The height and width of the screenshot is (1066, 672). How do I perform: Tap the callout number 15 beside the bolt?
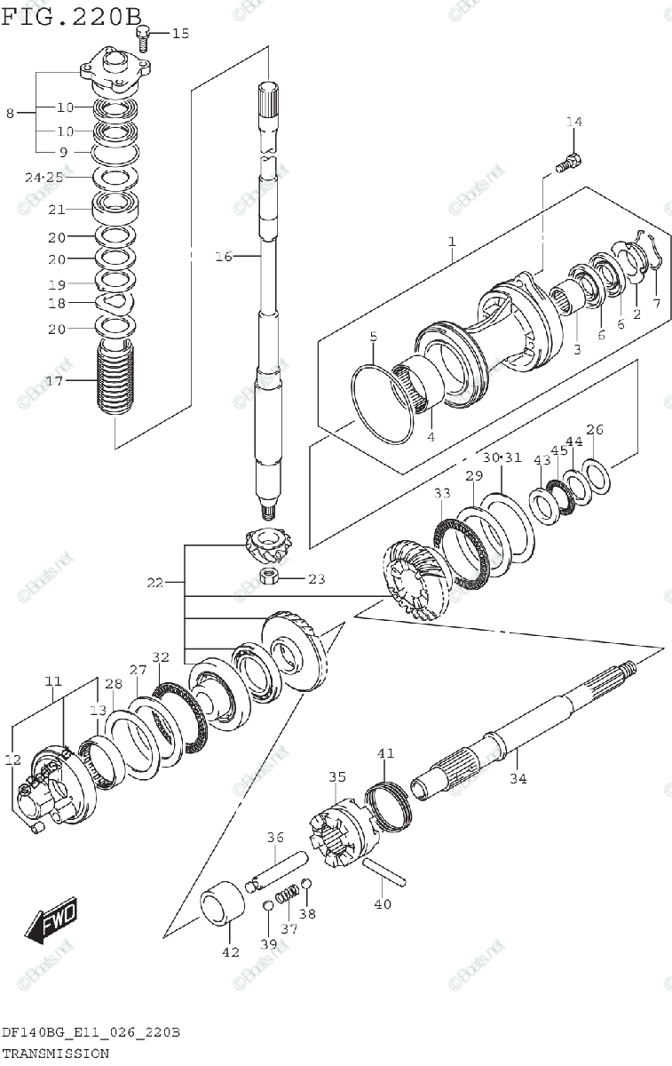[x=180, y=34]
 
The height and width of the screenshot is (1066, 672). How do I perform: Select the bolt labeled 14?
[x=568, y=163]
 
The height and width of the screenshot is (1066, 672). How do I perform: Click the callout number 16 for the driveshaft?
[x=223, y=257]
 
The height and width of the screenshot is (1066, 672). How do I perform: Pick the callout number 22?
[x=155, y=583]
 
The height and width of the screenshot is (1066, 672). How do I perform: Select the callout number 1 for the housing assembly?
[x=452, y=242]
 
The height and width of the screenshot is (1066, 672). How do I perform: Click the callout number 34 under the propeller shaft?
[x=518, y=779]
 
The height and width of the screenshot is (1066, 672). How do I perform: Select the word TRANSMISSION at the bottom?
[x=55, y=1054]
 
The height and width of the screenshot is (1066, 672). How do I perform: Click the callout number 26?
[x=595, y=431]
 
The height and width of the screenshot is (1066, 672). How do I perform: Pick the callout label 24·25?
[x=44, y=177]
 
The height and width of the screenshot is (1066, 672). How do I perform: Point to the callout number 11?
[x=53, y=681]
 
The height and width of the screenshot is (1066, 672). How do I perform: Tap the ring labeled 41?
[x=389, y=802]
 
